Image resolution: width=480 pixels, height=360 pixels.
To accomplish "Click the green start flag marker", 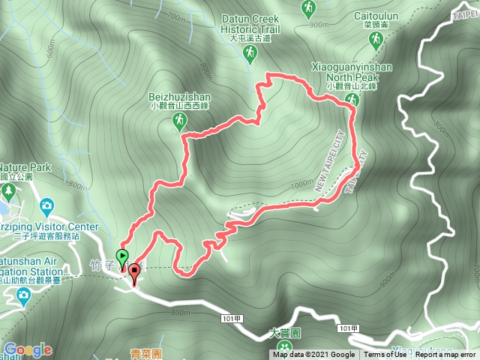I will (123, 255).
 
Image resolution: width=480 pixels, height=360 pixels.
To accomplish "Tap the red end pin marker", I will (134, 271).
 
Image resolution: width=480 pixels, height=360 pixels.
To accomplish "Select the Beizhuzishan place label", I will (179, 97).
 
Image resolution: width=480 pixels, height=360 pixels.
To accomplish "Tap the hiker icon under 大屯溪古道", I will (250, 54).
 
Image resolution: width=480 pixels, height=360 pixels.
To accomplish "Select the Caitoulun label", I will (374, 14).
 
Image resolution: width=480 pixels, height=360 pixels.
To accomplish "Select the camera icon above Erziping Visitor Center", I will (46, 205).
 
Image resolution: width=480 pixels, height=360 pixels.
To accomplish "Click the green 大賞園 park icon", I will (284, 346).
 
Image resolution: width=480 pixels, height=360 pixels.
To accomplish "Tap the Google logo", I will (27, 349).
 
